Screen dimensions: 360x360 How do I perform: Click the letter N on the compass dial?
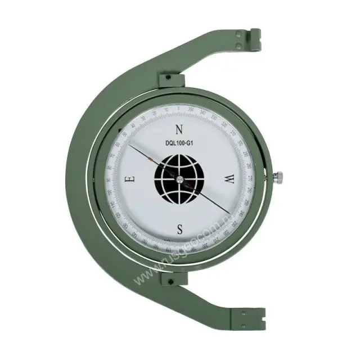coord(179,128)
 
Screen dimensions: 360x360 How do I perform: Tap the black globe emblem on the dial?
coord(178,178)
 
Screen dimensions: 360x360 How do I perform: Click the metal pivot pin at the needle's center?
coord(179,179)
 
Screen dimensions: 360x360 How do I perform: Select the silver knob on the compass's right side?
coord(278,178)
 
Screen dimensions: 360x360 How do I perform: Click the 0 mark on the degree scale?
coord(179,108)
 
